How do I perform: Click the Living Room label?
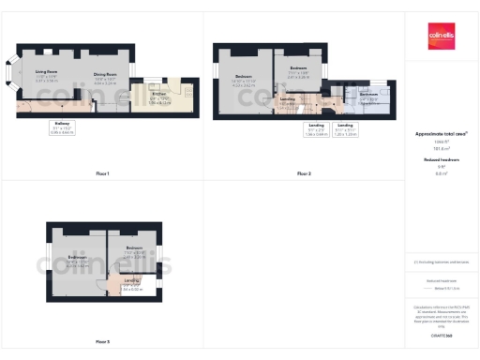tap(47, 72)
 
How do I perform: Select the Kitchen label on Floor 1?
tap(160, 94)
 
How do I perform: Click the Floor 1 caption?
tap(102, 173)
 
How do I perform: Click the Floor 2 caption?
tap(304, 173)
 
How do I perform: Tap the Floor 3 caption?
tap(102, 341)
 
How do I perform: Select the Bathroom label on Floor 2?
tap(369, 95)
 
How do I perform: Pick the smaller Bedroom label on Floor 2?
tap(298, 68)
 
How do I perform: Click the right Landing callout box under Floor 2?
tap(345, 128)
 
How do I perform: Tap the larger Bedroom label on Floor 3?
tap(78, 257)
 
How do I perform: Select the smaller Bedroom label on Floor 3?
tap(133, 247)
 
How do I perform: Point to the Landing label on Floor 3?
tap(131, 279)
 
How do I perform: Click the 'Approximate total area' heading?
tap(441, 134)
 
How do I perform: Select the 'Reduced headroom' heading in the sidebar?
tap(441, 160)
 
